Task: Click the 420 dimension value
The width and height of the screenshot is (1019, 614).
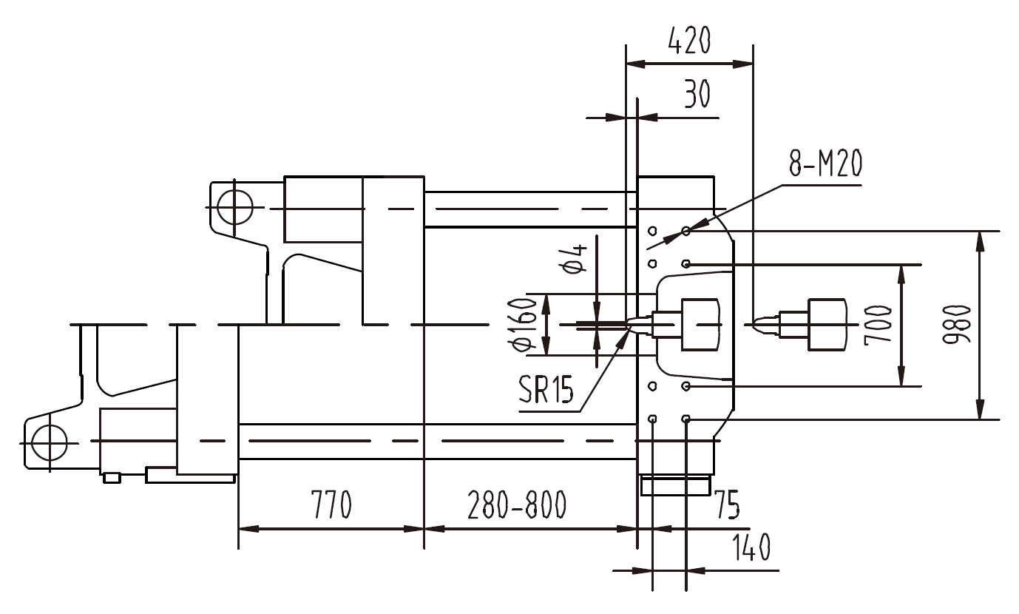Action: pyautogui.click(x=688, y=41)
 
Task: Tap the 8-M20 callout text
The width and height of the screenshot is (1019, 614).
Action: pyautogui.click(x=825, y=165)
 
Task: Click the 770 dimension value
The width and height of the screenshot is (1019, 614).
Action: pyautogui.click(x=330, y=506)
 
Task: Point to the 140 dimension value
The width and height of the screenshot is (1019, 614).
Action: pyautogui.click(x=750, y=548)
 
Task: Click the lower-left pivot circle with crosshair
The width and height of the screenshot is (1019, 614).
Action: pyautogui.click(x=48, y=443)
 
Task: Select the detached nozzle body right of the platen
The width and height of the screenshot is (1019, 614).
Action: pyautogui.click(x=826, y=324)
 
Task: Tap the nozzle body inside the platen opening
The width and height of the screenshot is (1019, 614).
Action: pyautogui.click(x=699, y=324)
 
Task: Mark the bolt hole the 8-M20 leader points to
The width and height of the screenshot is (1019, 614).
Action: pyautogui.click(x=686, y=232)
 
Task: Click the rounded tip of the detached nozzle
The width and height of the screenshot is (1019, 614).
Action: pyautogui.click(x=756, y=324)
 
